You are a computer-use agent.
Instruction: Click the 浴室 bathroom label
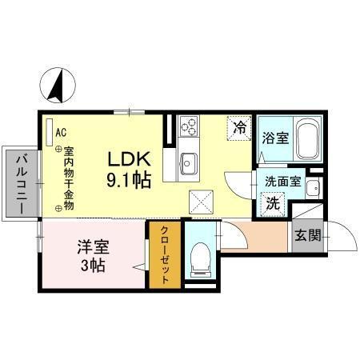point(275,138)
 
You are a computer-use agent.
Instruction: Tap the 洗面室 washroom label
point(282,181)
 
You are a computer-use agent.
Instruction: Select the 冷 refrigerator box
point(238,126)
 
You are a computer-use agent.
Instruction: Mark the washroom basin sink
point(314,189)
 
